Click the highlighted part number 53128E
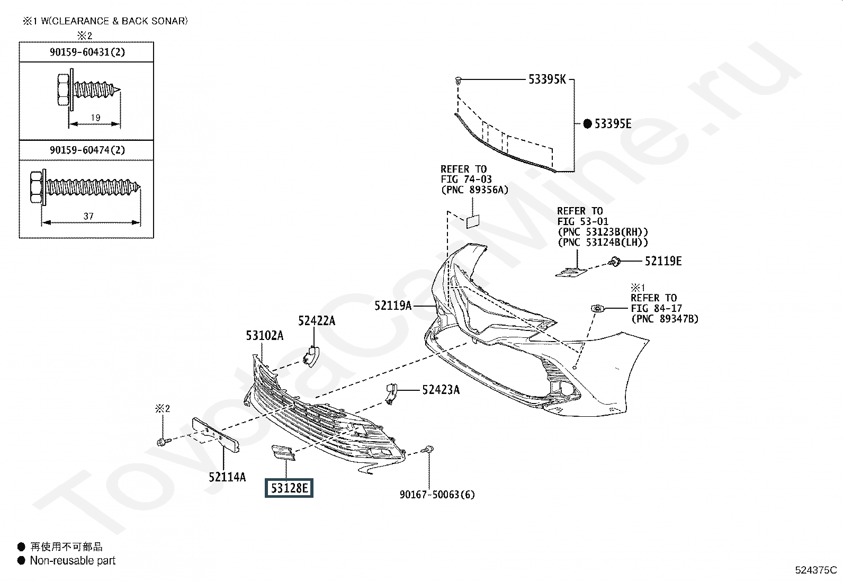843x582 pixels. click(x=289, y=487)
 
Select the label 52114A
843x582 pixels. click(x=227, y=477)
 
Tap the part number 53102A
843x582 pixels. click(x=264, y=335)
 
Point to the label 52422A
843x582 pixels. click(x=316, y=320)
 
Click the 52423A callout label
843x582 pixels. click(x=441, y=390)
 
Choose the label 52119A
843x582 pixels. click(x=393, y=305)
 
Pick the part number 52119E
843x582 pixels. click(x=663, y=261)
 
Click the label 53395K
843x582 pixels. click(x=547, y=79)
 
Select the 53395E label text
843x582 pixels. click(x=613, y=124)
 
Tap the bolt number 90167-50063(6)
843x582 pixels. click(x=437, y=495)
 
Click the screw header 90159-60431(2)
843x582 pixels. click(x=87, y=52)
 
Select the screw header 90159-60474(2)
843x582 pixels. click(x=87, y=150)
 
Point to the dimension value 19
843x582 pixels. click(x=95, y=118)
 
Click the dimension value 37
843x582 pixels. click(x=88, y=216)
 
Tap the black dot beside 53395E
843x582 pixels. click(x=587, y=124)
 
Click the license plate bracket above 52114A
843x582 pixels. click(x=216, y=434)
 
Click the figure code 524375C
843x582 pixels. click(x=815, y=570)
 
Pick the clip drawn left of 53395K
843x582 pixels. click(x=458, y=80)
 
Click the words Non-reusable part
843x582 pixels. click(x=73, y=560)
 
